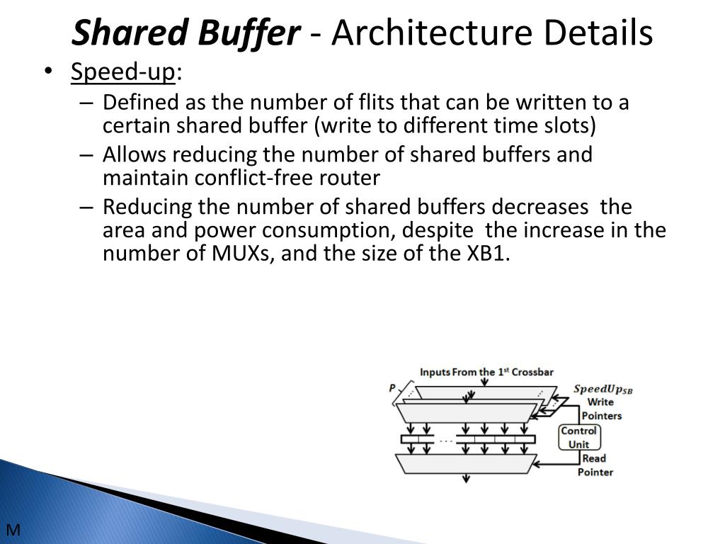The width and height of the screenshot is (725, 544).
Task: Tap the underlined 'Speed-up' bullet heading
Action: pos(123,72)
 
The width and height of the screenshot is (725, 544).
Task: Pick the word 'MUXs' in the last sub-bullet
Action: pos(241,254)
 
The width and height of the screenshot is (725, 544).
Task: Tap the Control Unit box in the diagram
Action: pos(578,438)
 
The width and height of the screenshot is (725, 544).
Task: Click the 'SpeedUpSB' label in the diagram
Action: pos(603,389)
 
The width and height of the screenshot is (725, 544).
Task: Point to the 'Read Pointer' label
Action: pos(595,465)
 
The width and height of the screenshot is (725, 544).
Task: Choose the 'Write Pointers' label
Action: pos(601,409)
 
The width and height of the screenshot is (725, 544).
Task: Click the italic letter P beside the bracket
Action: pos(392,387)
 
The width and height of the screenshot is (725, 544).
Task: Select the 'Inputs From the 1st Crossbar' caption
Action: pos(486,372)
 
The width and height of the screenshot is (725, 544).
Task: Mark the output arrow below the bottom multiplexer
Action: pos(466,478)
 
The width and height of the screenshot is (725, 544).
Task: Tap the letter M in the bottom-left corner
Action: pos(12,530)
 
